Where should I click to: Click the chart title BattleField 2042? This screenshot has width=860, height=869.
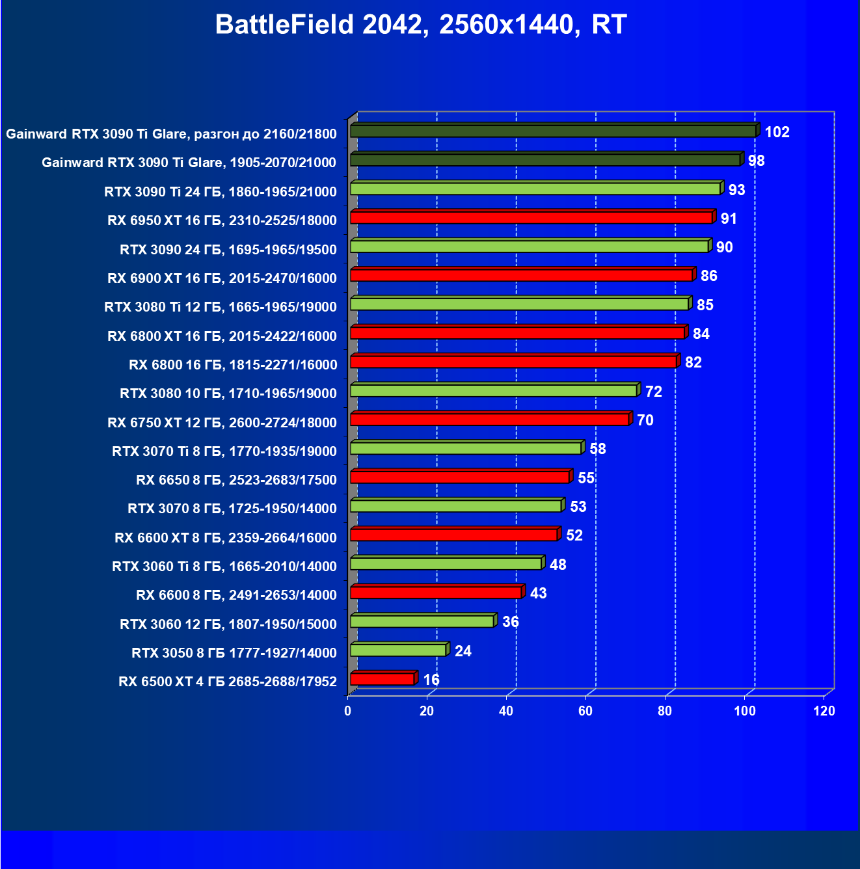point(420,25)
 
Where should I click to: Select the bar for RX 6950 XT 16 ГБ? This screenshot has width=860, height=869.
point(531,217)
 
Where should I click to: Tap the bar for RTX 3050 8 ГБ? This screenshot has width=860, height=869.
point(398,650)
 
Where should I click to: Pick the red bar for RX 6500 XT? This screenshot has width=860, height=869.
point(383,679)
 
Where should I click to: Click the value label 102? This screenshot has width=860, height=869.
point(777,132)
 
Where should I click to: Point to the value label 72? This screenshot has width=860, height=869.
point(653,392)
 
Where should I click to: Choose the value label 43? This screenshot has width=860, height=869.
point(538,593)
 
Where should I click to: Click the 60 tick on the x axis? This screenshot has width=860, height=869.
point(585,711)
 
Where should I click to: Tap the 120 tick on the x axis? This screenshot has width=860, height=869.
point(824,711)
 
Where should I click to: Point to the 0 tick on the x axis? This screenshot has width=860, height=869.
point(348,711)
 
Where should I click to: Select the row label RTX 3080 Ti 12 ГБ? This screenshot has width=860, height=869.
point(221,307)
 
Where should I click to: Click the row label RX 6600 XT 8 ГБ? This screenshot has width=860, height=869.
point(226,538)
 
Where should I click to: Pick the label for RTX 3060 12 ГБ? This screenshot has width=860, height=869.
point(228,624)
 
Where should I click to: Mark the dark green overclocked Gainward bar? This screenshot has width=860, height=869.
point(553,131)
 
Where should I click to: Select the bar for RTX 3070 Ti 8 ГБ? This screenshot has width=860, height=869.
point(466,448)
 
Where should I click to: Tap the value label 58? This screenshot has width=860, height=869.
point(597,449)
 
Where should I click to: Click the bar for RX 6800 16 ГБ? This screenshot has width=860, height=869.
point(514,362)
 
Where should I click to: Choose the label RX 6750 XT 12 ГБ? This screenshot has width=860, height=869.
point(222,423)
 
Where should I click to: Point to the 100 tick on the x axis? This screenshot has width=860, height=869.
point(745,711)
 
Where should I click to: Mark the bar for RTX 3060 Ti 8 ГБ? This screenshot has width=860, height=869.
point(446,563)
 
